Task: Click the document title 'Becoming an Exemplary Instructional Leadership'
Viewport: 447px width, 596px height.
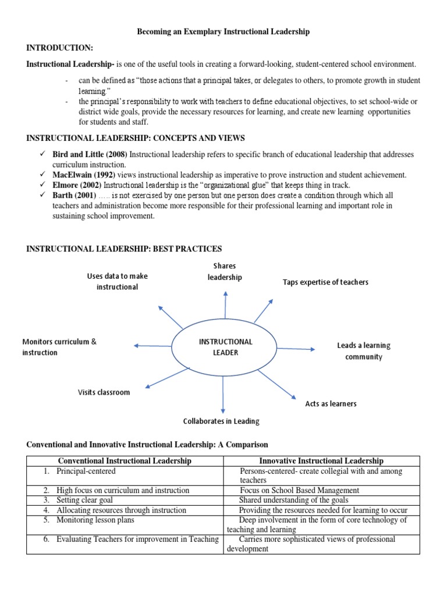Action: pyautogui.click(x=223, y=32)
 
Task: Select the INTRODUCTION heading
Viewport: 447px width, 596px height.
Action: pyautogui.click(x=59, y=47)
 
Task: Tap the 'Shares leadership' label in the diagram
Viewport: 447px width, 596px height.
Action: pyautogui.click(x=225, y=272)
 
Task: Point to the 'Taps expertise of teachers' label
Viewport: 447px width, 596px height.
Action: pyautogui.click(x=325, y=282)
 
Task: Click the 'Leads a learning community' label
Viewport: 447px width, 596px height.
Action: pyautogui.click(x=364, y=351)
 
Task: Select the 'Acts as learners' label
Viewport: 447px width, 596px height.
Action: pyautogui.click(x=331, y=403)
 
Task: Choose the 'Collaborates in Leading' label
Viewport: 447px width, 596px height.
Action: pyautogui.click(x=221, y=421)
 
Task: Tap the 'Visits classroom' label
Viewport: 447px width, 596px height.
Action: pyautogui.click(x=104, y=392)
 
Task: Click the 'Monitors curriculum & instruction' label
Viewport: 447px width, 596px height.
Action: pyautogui.click(x=59, y=347)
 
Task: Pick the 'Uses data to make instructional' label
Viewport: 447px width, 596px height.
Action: pyautogui.click(x=117, y=282)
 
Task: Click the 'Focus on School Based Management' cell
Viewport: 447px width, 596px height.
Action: pyautogui.click(x=299, y=490)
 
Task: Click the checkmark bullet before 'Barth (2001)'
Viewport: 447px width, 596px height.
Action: pyautogui.click(x=42, y=194)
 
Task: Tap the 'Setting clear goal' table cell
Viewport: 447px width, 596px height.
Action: pyautogui.click(x=85, y=500)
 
